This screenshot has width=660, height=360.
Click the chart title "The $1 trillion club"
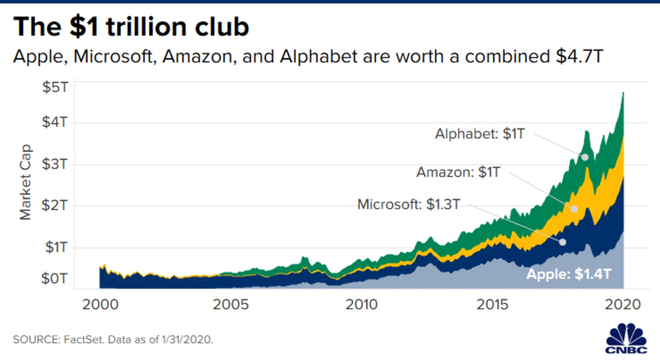pyautogui.click(x=131, y=27)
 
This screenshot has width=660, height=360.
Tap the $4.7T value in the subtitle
pyautogui.click(x=579, y=56)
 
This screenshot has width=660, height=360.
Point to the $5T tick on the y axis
pyautogui.click(x=55, y=87)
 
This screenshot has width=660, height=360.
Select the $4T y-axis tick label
pyautogui.click(x=55, y=122)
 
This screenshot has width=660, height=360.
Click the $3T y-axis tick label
pyautogui.click(x=55, y=164)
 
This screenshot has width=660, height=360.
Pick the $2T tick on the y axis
pyautogui.click(x=55, y=205)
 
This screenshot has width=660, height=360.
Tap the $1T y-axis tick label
pyautogui.click(x=56, y=247)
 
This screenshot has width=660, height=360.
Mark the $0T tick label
pyautogui.click(x=55, y=278)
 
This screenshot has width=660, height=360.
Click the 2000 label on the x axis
pyautogui.click(x=100, y=304)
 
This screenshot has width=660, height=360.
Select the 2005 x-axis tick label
pyautogui.click(x=231, y=304)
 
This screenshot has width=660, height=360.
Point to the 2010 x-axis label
pyautogui.click(x=362, y=304)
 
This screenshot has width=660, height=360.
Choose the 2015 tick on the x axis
pyautogui.click(x=492, y=304)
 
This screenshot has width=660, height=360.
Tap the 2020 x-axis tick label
pyautogui.click(x=623, y=304)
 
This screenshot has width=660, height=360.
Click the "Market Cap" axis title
pyautogui.click(x=25, y=182)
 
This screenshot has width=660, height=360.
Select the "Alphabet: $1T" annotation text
pyautogui.click(x=480, y=134)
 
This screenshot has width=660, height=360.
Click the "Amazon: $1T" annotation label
pyautogui.click(x=458, y=172)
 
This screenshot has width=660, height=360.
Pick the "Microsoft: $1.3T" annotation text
pyautogui.click(x=408, y=204)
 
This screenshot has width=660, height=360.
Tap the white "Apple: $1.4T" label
pyautogui.click(x=568, y=274)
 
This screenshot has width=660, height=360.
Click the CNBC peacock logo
pyautogui.click(x=626, y=338)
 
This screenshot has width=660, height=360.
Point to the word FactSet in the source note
pyautogui.click(x=83, y=339)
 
